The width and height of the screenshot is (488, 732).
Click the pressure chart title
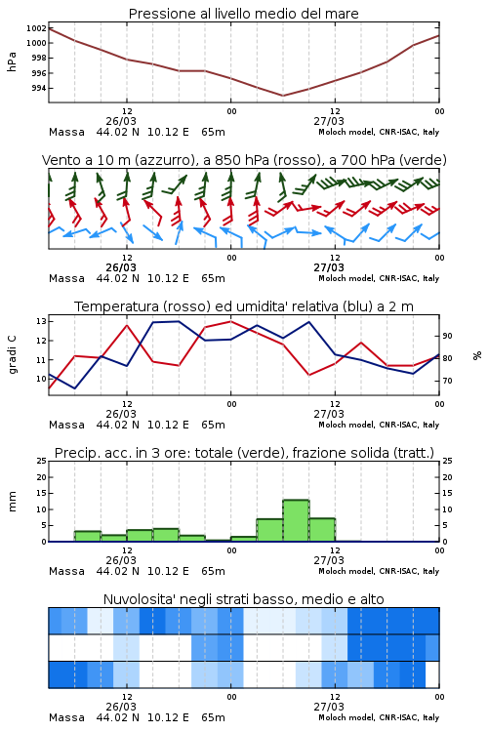coord(243,14)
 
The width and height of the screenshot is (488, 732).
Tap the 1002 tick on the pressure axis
coord(36,28)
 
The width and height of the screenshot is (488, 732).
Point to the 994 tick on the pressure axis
coord(39,88)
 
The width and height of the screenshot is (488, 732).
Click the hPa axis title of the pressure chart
coord(12,61)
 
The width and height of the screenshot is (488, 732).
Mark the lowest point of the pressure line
coord(282,96)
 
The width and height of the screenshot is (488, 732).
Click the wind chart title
coord(244,160)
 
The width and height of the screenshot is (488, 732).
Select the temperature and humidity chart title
coord(244,306)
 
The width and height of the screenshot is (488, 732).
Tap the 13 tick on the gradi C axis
coord(41,321)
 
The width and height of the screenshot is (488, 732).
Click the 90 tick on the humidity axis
coord(447,336)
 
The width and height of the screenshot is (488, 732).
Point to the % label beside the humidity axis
coord(477,355)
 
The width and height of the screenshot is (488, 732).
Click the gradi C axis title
coord(12,354)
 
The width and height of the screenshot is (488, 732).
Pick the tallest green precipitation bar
coord(296,520)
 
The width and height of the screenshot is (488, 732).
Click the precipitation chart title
coord(244,453)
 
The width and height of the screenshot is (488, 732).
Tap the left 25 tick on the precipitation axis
coord(41,461)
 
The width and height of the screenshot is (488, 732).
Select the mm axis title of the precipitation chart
coord(12,502)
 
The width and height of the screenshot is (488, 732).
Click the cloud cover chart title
coord(243,599)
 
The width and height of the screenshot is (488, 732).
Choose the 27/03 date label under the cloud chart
coord(329,707)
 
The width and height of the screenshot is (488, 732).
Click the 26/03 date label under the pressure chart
coord(121,121)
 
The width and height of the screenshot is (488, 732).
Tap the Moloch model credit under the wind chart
coord(379,278)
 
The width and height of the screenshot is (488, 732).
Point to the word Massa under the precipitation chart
coord(66,571)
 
